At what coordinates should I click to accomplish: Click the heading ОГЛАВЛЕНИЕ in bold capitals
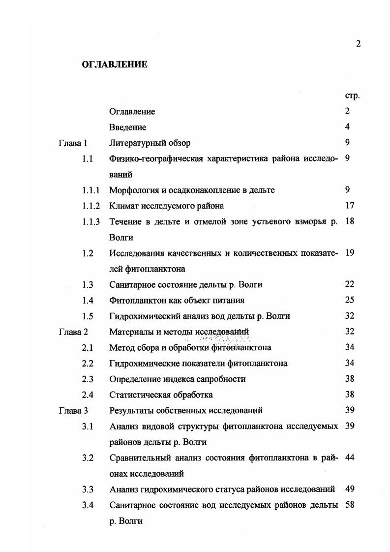114,64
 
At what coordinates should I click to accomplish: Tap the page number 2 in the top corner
358,44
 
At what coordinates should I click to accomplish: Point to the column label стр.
352,95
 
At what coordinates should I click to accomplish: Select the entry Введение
127,127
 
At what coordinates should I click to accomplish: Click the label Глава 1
73,143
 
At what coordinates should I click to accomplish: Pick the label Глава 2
73,332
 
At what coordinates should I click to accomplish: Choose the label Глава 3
73,410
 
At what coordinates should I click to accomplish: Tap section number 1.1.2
91,206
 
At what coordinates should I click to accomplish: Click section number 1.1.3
91,222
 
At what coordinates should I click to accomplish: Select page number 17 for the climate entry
350,206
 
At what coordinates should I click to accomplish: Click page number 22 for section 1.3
350,284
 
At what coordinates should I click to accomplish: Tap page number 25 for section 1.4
350,300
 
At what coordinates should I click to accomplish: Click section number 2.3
88,379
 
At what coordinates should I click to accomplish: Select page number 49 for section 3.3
350,489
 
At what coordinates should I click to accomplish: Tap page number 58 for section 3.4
350,505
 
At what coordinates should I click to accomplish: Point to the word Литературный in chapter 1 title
138,143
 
